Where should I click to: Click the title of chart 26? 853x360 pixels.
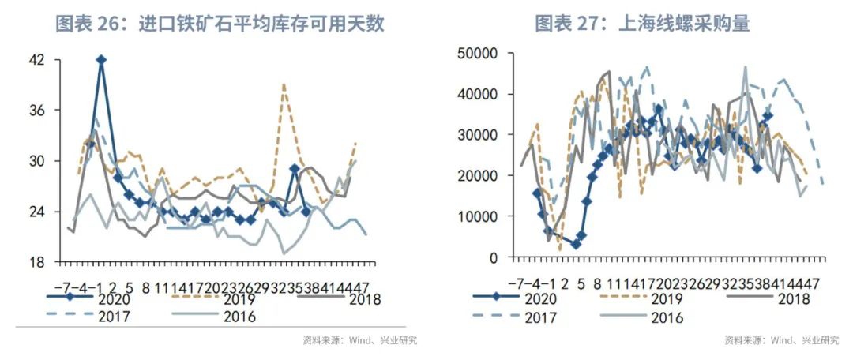[x=220, y=24]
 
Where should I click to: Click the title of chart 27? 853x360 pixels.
[x=642, y=24]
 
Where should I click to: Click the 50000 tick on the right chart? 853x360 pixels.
[x=475, y=53]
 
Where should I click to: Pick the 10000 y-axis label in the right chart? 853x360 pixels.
[x=475, y=216]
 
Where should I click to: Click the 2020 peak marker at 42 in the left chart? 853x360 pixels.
[x=100, y=60]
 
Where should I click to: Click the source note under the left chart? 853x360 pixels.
[x=359, y=341]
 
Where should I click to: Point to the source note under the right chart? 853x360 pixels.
[x=781, y=341]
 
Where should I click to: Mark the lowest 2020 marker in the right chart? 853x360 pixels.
[x=576, y=245]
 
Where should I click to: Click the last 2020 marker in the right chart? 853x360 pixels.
[x=768, y=116]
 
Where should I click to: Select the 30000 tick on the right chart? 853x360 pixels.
[x=475, y=134]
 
